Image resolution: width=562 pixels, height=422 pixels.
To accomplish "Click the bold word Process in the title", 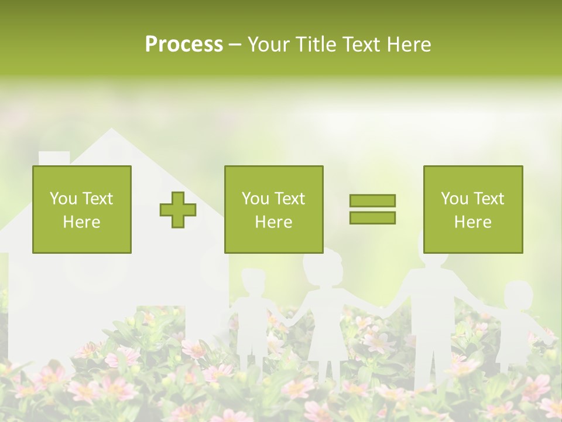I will click(x=184, y=45).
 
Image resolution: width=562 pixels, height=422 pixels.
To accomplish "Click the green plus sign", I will click(x=178, y=210).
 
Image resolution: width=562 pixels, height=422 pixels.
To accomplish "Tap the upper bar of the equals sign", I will click(x=372, y=200).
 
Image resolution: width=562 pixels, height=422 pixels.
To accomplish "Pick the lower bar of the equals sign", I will click(x=372, y=217).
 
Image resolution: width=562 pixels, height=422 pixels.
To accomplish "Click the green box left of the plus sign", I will click(x=82, y=209).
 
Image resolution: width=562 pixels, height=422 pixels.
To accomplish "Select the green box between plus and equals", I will click(x=273, y=209).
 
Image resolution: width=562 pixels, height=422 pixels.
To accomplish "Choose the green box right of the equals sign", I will click(x=472, y=209).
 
